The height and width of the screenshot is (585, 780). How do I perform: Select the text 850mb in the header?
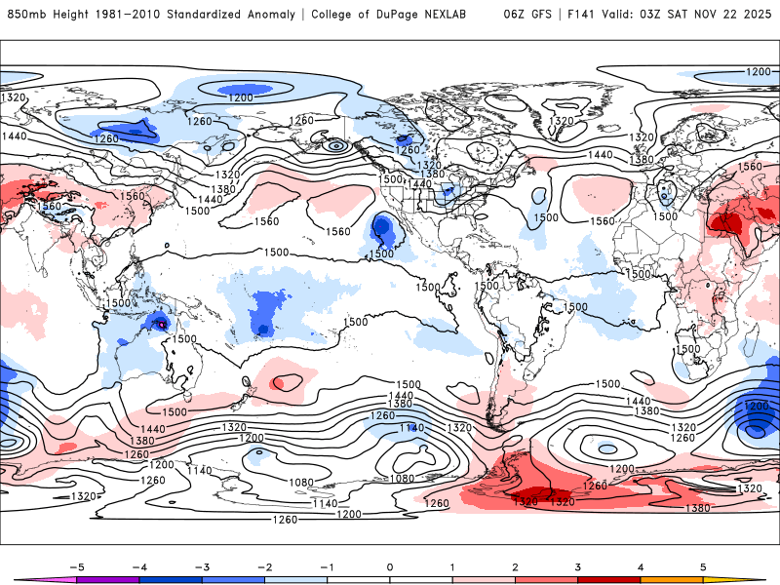click(24, 15)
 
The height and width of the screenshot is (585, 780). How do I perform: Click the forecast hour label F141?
click(584, 15)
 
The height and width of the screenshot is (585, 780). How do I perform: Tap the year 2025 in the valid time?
click(752, 15)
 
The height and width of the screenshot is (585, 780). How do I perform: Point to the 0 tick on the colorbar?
click(389, 566)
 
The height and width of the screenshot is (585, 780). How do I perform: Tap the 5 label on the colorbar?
click(704, 566)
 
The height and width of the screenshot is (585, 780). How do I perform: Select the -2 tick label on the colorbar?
click(263, 566)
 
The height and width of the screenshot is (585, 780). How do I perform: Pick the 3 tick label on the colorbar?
click(578, 566)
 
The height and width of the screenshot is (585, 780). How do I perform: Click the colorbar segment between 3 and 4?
click(609, 579)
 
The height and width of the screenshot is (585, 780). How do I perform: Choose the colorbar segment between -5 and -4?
click(107, 579)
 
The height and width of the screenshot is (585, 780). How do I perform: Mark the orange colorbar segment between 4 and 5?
click(673, 579)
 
